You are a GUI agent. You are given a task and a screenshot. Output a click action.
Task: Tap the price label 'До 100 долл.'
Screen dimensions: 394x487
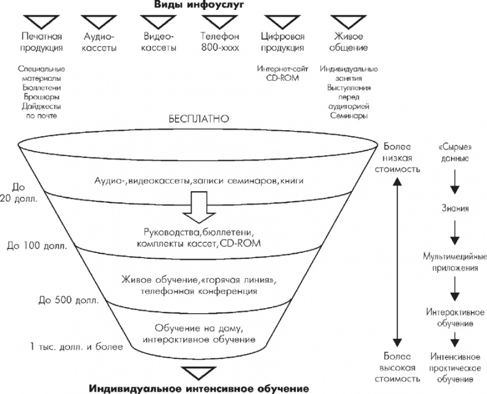pyautogui.click(x=32, y=245)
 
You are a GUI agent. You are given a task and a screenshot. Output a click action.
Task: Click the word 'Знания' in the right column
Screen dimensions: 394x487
pyautogui.click(x=455, y=208)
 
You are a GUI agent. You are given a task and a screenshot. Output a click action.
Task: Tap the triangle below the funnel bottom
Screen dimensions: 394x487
pyautogui.click(x=197, y=372)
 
